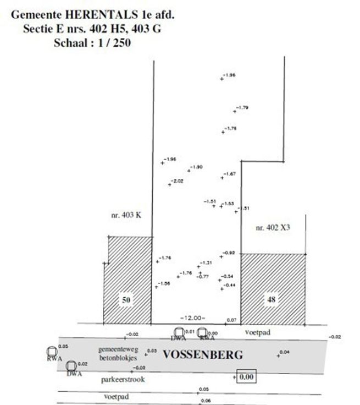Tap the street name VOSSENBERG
(202, 355)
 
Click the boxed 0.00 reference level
(247, 377)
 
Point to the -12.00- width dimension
(192, 318)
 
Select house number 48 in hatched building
(272, 300)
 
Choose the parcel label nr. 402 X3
(273, 227)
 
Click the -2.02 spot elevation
(178, 181)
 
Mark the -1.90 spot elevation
(197, 167)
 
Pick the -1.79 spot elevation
(242, 107)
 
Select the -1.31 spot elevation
(206, 262)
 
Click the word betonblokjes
(118, 358)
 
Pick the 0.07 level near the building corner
(231, 320)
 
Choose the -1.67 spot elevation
(230, 174)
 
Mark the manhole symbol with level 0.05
(53, 351)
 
